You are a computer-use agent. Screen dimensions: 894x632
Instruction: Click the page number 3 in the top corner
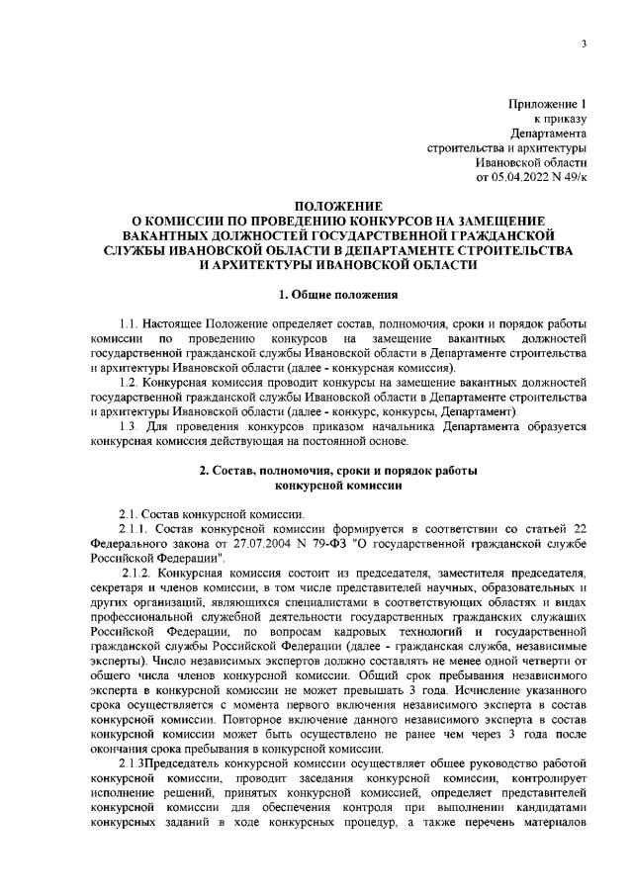coord(585,44)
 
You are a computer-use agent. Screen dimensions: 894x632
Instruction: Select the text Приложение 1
coord(548,103)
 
